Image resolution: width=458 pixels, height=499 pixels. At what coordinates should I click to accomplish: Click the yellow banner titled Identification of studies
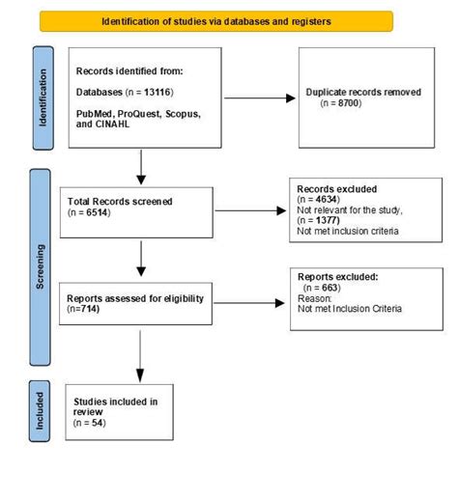tap(215, 21)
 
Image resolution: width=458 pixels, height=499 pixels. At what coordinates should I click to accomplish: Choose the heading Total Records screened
tap(118, 201)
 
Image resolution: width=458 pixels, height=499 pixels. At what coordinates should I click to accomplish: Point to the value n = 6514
tap(88, 212)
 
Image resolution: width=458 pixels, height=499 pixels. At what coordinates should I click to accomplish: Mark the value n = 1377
tap(323, 220)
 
